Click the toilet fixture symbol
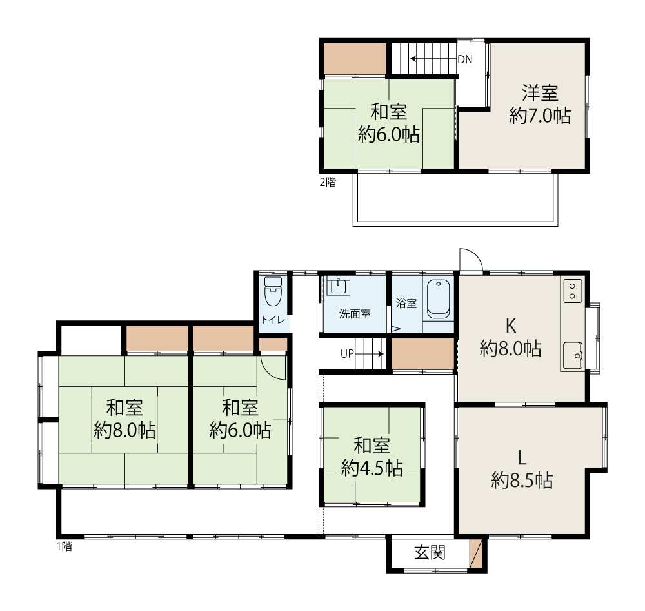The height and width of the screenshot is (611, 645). [x=273, y=291]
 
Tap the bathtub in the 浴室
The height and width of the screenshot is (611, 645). [x=439, y=299]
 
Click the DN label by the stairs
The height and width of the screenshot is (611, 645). [x=465, y=59]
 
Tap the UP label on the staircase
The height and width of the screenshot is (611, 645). [x=347, y=354]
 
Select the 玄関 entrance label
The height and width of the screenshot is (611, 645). [x=430, y=553]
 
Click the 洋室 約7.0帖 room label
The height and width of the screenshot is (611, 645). [x=540, y=104]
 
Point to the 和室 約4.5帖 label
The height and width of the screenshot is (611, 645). [x=372, y=457]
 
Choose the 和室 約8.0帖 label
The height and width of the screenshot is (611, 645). [x=124, y=419]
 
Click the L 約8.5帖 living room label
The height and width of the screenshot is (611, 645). [x=522, y=469]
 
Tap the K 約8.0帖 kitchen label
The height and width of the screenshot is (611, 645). [x=510, y=337]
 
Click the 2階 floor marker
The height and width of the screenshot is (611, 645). [x=328, y=182]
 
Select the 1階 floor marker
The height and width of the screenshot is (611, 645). [x=64, y=546]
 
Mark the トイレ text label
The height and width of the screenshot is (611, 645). [x=273, y=319]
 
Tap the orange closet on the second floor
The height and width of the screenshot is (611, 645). [x=355, y=59]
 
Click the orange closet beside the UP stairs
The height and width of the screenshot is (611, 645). [x=422, y=354]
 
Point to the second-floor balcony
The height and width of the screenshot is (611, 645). [x=455, y=200]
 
